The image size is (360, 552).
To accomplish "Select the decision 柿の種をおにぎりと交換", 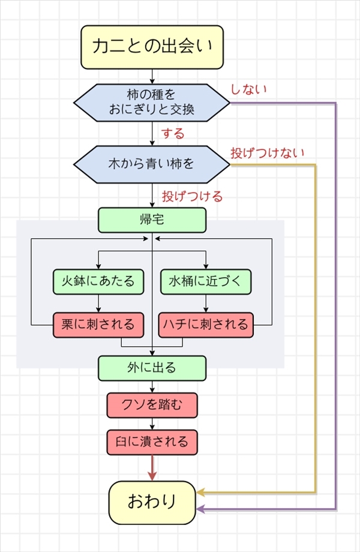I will (152, 103).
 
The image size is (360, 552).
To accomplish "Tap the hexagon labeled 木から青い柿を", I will (152, 164).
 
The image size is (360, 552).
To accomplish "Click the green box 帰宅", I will (152, 220).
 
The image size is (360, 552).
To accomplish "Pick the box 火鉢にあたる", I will (98, 280).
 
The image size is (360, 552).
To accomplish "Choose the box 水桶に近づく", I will (206, 280).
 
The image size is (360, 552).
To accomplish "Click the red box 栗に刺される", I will (98, 325).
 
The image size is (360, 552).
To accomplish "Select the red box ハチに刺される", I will (206, 325).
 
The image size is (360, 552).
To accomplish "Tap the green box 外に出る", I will (152, 368).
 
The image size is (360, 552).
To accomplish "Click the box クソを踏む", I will (152, 406).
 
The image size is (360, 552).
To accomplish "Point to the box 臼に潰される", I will (152, 442).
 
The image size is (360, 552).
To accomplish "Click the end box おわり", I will (152, 502).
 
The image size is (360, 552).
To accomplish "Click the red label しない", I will (248, 89).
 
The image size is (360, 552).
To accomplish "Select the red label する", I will (173, 132).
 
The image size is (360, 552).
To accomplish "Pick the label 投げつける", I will (192, 196).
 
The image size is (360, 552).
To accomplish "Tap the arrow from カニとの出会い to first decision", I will (152, 76).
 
